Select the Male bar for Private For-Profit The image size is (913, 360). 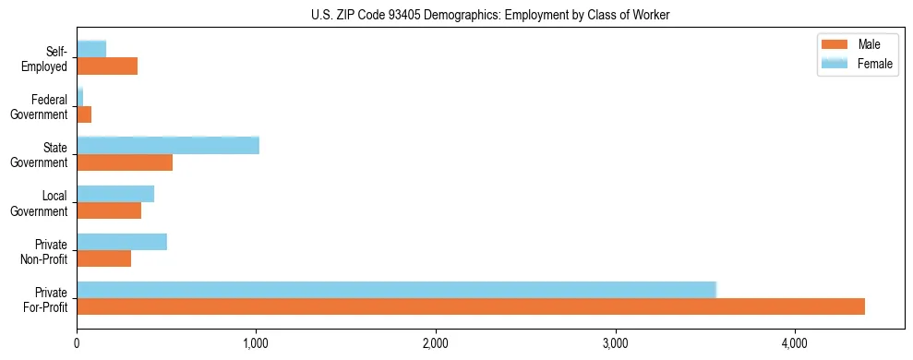point(471,306)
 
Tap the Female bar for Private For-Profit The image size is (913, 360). point(396,289)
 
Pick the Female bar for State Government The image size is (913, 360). point(168,145)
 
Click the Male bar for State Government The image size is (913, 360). point(125,162)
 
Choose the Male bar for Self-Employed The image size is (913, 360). point(107,66)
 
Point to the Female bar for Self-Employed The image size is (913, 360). point(91,48)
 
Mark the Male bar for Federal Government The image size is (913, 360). point(84,114)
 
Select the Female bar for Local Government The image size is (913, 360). point(115,193)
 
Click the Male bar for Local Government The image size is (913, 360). point(109,210)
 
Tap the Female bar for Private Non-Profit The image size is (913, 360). point(122,241)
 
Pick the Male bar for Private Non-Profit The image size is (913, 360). point(104,258)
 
